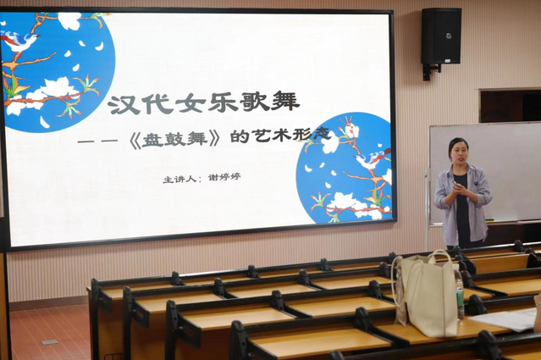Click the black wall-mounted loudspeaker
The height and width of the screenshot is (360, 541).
point(441,36)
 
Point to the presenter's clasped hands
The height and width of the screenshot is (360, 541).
point(461,189)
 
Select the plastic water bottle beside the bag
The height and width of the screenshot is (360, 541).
point(460,298)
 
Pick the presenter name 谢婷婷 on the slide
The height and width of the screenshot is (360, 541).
point(224,178)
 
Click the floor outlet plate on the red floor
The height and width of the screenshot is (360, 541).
point(50,342)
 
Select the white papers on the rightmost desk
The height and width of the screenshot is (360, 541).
point(505,319)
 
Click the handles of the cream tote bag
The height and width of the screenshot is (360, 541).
point(422,263)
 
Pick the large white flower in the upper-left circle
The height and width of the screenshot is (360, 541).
point(57,87)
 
